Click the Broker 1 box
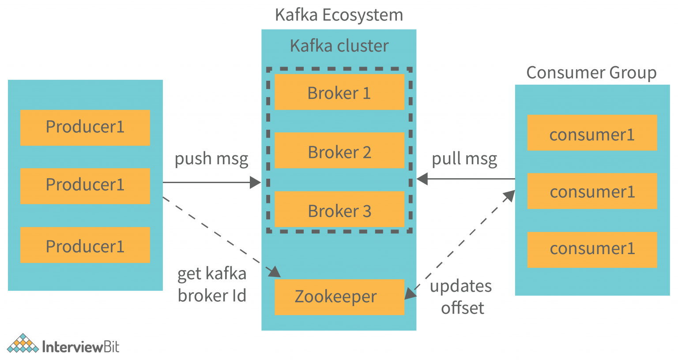(339, 92)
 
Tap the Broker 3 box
(339, 210)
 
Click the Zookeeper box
(339, 297)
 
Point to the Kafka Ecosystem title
(339, 15)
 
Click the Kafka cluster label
(339, 46)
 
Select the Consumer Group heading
(591, 73)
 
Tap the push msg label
(211, 159)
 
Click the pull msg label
(464, 159)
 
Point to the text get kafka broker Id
(212, 285)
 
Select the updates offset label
(462, 297)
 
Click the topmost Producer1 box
(85, 127)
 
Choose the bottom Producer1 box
(85, 245)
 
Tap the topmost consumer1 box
(592, 133)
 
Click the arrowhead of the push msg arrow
(256, 182)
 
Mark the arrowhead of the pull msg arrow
(422, 179)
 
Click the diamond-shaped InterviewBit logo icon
(23, 344)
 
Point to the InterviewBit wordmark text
(81, 347)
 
